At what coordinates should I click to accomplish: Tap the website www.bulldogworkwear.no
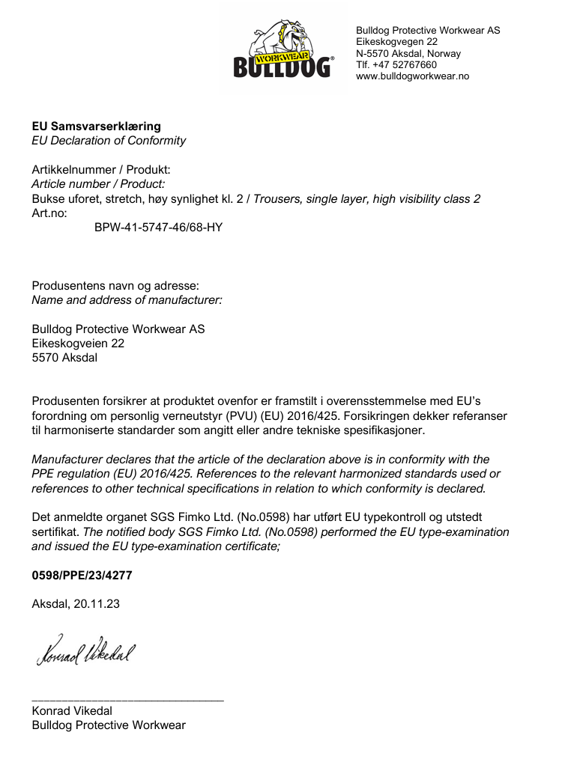412,76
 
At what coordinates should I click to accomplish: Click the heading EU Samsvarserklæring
96,127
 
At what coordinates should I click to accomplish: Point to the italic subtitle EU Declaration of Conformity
109,141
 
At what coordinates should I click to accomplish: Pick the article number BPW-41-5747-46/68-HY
158,226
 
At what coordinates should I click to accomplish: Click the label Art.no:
49,213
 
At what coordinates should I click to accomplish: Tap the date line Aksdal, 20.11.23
75,604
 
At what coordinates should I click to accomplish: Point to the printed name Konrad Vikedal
72,711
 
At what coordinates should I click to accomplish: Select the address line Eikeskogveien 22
78,344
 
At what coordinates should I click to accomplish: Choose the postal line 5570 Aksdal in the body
64,358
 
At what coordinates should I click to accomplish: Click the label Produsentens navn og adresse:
115,286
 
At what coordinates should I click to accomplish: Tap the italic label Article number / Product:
98,184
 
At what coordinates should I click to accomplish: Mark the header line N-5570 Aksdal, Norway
408,54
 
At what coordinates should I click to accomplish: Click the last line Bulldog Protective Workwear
109,725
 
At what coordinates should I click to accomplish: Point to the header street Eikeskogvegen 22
396,42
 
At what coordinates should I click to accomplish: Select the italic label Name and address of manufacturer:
127,300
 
